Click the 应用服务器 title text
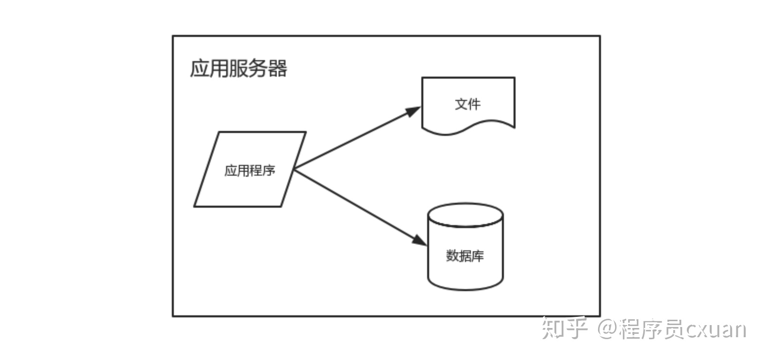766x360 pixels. [x=238, y=68]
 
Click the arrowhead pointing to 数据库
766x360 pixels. [x=419, y=241]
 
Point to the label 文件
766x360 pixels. [x=468, y=104]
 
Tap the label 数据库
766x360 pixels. [x=465, y=256]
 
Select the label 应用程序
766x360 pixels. [x=250, y=170]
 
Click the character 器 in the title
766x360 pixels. [x=277, y=68]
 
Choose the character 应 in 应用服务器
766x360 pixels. [x=200, y=68]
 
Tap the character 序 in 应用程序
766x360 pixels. [x=269, y=170]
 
